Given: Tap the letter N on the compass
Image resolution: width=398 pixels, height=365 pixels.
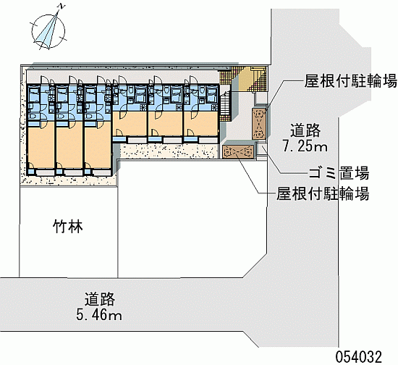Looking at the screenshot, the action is pos(61,7).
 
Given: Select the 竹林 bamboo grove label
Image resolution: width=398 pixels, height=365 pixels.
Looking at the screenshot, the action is pos(68,226).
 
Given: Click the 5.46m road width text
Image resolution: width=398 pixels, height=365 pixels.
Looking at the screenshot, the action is pos(98,315).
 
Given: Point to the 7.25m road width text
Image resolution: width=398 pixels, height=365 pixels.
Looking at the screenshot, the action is pos(305,146).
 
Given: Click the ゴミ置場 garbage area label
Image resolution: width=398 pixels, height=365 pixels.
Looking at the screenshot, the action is pos(339,174).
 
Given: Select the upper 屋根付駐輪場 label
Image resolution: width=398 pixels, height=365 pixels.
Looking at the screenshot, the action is pos(350,81).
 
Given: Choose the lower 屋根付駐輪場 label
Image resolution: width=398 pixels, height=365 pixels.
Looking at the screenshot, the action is pos(322,194).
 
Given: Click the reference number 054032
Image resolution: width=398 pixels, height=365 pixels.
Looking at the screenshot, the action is pos(359,356).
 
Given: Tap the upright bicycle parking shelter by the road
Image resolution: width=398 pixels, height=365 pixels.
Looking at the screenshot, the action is pos(259,124).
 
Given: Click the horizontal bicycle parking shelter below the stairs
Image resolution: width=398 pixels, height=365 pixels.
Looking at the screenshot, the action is pos(239,152).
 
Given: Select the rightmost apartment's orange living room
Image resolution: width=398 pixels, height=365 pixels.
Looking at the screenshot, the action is pos(200,124).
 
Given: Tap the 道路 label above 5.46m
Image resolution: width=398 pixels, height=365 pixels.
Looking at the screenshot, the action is pos(100,299).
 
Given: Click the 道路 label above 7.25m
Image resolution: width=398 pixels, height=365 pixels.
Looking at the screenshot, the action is pos(305,130).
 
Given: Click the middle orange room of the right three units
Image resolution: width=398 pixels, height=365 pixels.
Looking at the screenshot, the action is pos(165,124).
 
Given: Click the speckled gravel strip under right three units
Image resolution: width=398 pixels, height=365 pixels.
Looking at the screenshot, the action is pos(168,151).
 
